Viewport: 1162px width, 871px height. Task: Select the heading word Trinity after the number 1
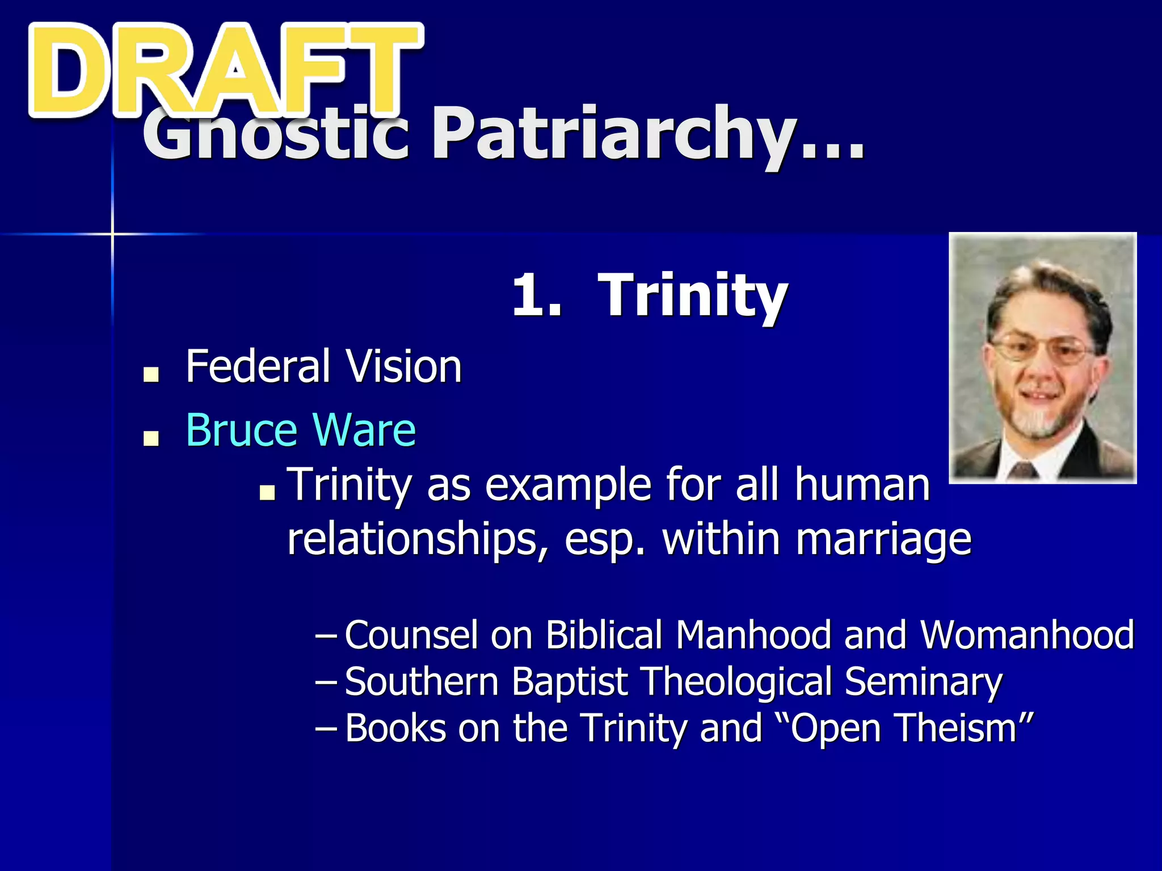tap(692, 296)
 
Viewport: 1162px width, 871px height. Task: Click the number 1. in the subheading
tap(536, 296)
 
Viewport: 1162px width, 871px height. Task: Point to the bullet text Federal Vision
tap(323, 367)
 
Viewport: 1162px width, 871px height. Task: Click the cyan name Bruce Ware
tap(301, 430)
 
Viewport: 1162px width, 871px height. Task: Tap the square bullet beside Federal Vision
tap(151, 374)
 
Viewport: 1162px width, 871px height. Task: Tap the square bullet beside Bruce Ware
tap(151, 438)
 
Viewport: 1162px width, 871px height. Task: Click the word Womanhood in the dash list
tap(1027, 635)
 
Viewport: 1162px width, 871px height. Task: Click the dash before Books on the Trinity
tap(326, 729)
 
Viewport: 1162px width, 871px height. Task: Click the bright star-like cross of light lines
tap(112, 234)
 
